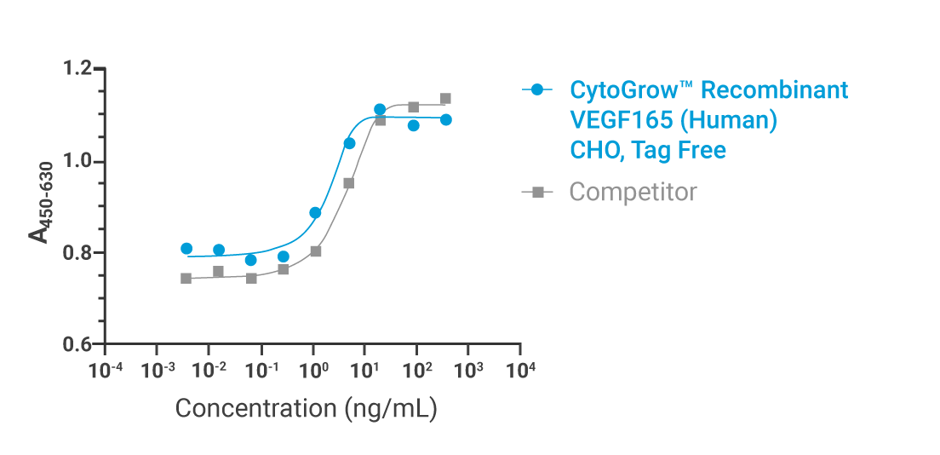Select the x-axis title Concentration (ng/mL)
click(306, 408)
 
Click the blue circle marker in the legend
click(536, 89)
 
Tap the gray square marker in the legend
click(536, 193)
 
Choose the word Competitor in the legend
click(633, 193)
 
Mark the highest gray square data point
click(445, 99)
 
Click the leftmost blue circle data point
click(186, 249)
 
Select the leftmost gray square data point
click(186, 279)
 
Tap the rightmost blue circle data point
click(445, 120)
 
